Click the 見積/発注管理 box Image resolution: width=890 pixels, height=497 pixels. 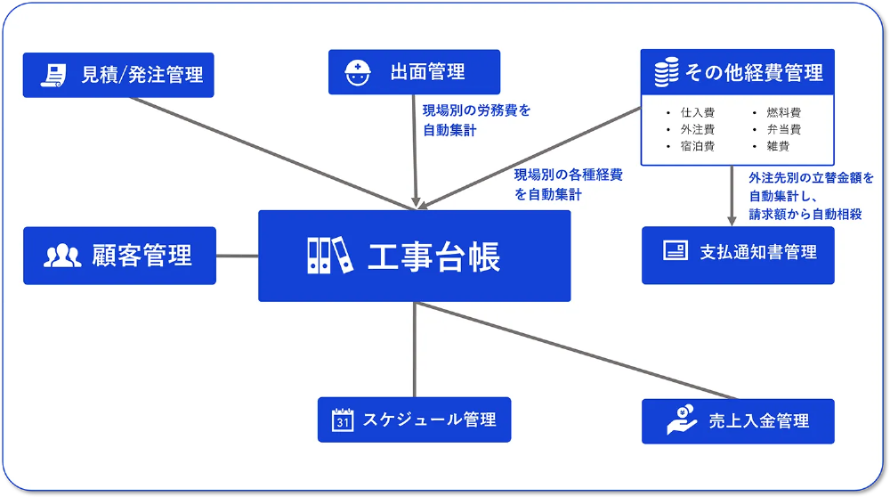click(x=118, y=75)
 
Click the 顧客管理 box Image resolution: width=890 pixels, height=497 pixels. click(x=119, y=256)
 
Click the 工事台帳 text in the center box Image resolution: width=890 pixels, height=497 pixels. click(x=433, y=256)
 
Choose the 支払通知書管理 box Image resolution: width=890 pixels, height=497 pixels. click(x=738, y=255)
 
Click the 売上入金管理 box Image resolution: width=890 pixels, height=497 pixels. click(x=738, y=421)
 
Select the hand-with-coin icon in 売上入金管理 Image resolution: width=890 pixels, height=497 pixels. click(x=682, y=420)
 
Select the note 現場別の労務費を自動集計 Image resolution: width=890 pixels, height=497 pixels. click(x=476, y=120)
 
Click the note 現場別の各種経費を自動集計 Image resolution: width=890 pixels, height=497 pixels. click(x=568, y=184)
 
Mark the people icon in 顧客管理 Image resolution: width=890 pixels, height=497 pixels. click(x=62, y=256)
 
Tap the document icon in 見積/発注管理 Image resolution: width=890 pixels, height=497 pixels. click(x=54, y=75)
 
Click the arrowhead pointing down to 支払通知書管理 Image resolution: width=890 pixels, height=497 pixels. click(x=732, y=219)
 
